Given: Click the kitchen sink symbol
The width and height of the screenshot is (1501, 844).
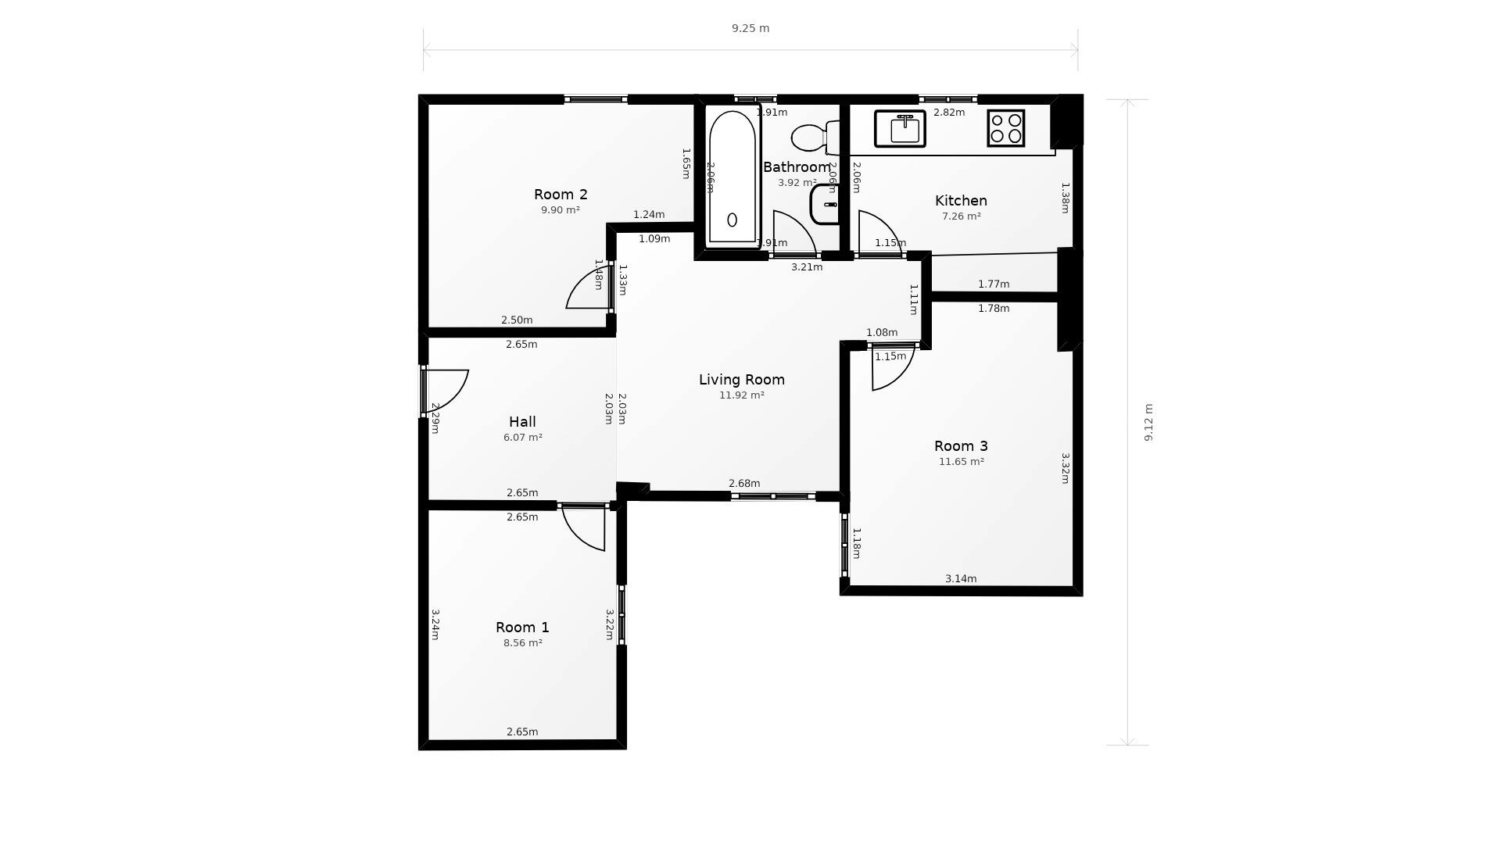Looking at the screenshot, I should click(x=900, y=129).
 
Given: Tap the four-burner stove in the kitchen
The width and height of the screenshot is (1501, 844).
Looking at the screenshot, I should click(x=1005, y=128).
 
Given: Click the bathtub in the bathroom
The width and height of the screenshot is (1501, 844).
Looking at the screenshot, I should click(x=733, y=177).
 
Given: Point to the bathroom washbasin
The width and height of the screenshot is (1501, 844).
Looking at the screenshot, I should click(x=825, y=205).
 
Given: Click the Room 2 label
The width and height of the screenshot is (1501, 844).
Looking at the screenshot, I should click(x=561, y=195).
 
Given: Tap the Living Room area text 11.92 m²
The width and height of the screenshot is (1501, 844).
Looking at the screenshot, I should click(x=741, y=395).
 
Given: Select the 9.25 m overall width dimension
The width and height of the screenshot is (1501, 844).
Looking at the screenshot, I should click(x=750, y=29).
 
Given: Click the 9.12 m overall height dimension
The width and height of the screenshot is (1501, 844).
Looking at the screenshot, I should click(x=1148, y=422).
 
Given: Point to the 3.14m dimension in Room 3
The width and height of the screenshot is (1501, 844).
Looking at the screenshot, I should click(x=961, y=579).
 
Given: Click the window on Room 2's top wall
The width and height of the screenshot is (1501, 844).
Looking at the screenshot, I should click(x=596, y=99).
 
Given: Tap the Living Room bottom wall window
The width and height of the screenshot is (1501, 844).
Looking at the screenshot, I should click(x=773, y=496).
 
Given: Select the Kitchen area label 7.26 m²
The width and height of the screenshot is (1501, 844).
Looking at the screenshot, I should click(x=961, y=216).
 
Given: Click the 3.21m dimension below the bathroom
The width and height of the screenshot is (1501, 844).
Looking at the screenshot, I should click(x=807, y=267).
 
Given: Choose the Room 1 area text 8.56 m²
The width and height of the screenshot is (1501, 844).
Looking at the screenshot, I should click(x=522, y=643).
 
